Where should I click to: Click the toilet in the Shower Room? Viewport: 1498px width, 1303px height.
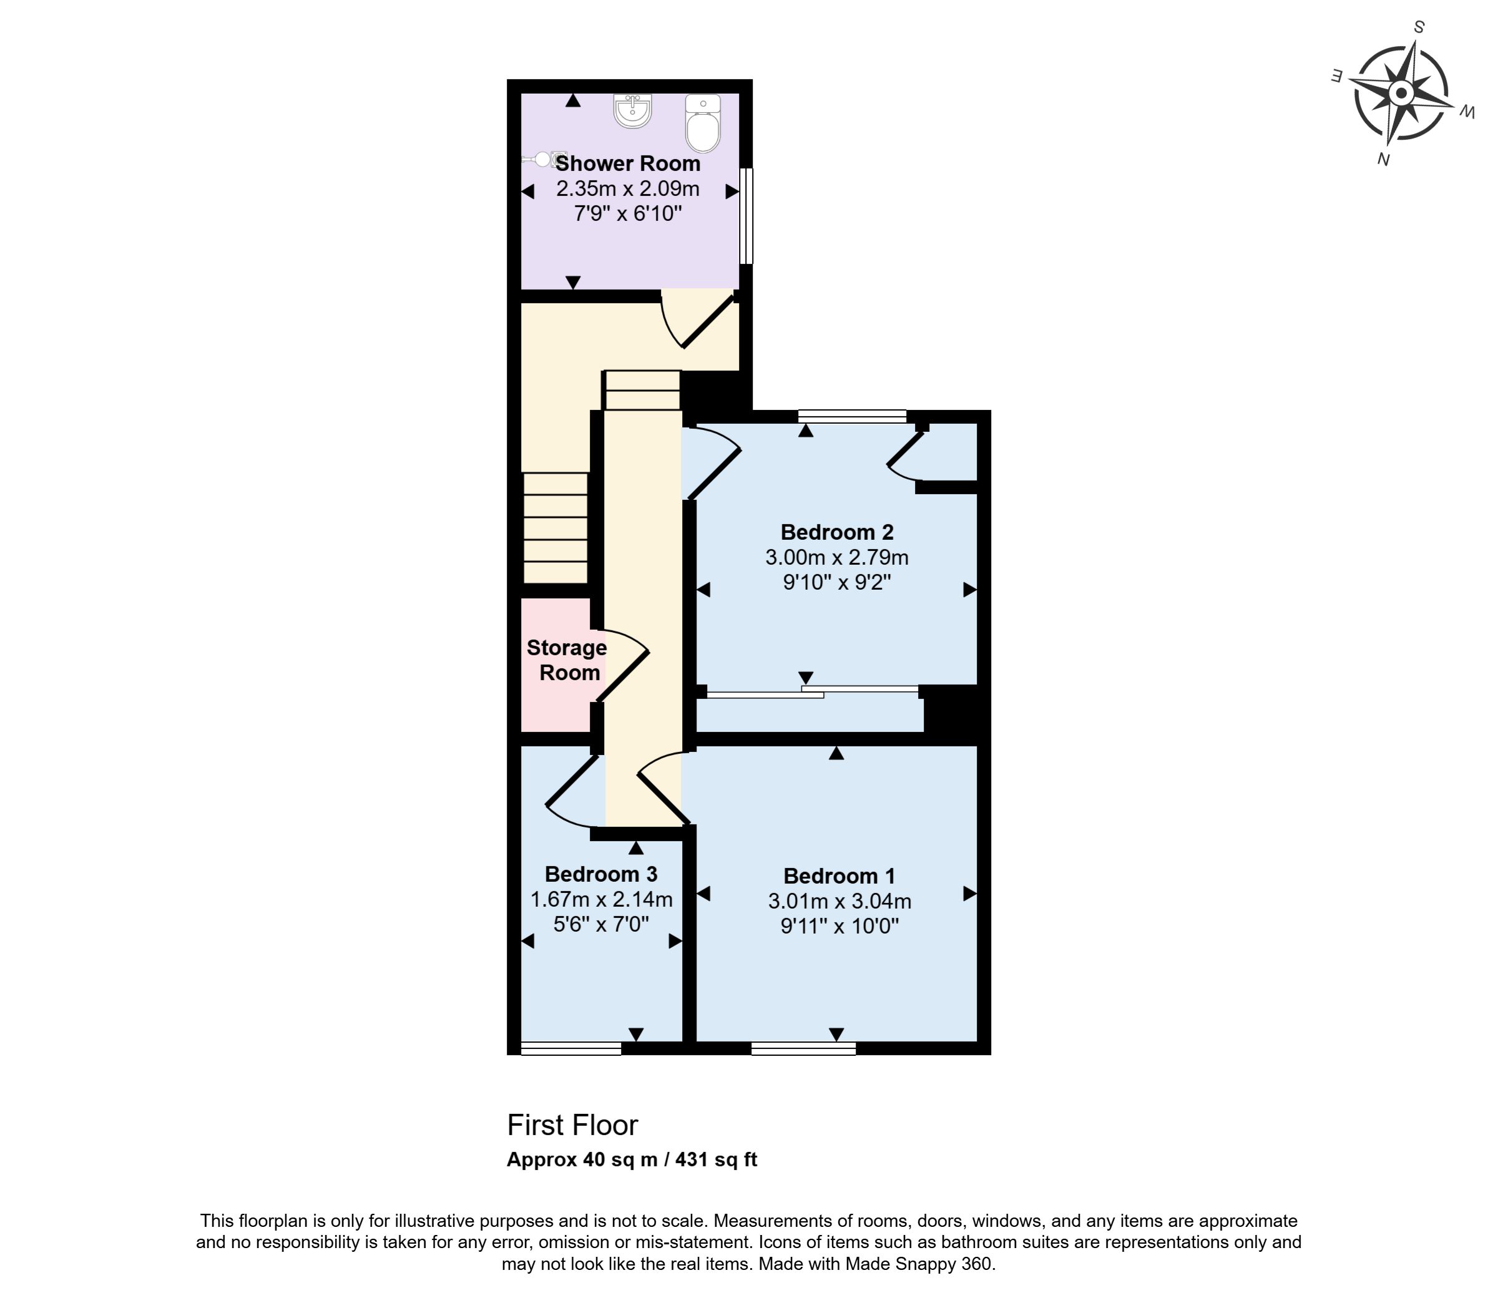click(703, 124)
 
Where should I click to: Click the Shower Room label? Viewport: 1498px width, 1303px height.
click(629, 163)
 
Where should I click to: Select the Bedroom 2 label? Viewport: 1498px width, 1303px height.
click(837, 532)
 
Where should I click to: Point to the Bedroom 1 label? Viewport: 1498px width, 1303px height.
click(839, 876)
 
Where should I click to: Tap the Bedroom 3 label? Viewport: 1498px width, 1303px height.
click(601, 874)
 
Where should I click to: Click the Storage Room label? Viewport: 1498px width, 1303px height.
click(567, 660)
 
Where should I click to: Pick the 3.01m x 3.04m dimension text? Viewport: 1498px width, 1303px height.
click(840, 902)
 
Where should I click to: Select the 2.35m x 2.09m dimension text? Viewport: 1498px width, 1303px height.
click(629, 189)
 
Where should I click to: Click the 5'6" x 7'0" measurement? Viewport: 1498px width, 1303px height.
click(601, 924)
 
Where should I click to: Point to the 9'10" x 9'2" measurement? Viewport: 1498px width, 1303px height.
click(837, 582)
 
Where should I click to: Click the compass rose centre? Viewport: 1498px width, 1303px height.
click(1401, 94)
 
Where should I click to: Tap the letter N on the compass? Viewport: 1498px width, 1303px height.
click(1383, 159)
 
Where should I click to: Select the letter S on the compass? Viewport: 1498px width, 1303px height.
click(1419, 27)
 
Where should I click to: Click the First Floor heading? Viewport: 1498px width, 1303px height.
click(572, 1126)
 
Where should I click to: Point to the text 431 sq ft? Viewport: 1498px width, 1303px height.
click(717, 1159)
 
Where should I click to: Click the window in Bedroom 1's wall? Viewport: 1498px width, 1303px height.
click(803, 1048)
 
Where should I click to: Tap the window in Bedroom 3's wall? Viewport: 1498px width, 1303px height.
click(572, 1048)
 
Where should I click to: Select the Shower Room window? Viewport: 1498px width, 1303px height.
click(746, 216)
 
